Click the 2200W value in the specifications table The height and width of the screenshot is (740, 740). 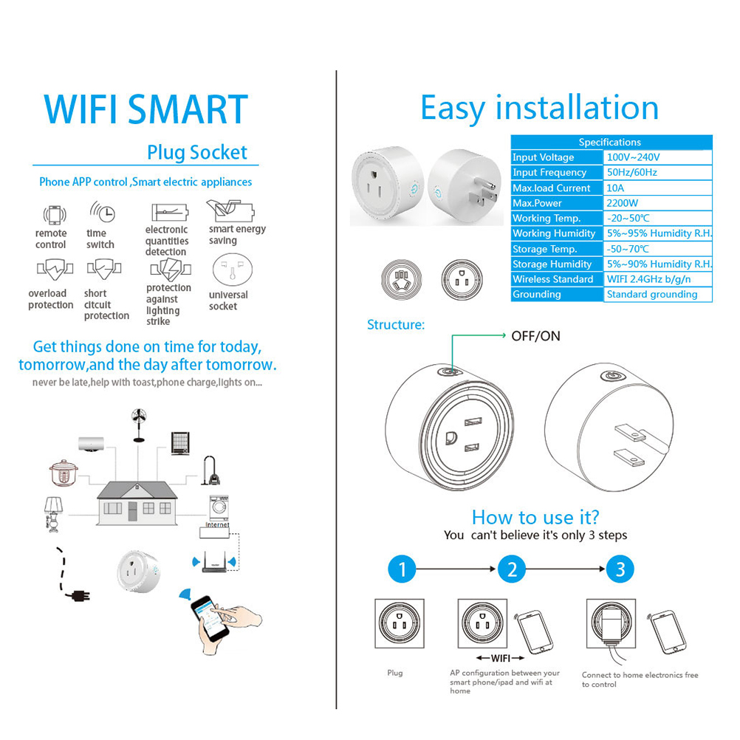pos(622,203)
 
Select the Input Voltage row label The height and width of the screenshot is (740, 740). pos(544,157)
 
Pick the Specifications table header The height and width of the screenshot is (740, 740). pos(610,142)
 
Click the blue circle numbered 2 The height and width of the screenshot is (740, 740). pos(512,569)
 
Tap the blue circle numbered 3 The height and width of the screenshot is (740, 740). pos(620,569)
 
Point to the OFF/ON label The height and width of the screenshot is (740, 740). pos(535,336)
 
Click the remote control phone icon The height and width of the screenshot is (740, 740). pos(54,215)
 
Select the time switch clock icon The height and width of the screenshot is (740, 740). pos(103,212)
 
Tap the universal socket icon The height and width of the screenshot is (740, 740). pos(232,270)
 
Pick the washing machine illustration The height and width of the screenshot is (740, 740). pos(219,508)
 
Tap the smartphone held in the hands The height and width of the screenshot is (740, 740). pos(210,617)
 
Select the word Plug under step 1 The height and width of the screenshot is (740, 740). pos(395,673)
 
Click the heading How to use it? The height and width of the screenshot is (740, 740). pos(535,517)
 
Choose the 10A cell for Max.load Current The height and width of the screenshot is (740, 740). pos(615,188)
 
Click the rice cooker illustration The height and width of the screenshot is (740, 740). pos(64,473)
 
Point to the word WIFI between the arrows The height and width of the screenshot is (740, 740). pos(501,658)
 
